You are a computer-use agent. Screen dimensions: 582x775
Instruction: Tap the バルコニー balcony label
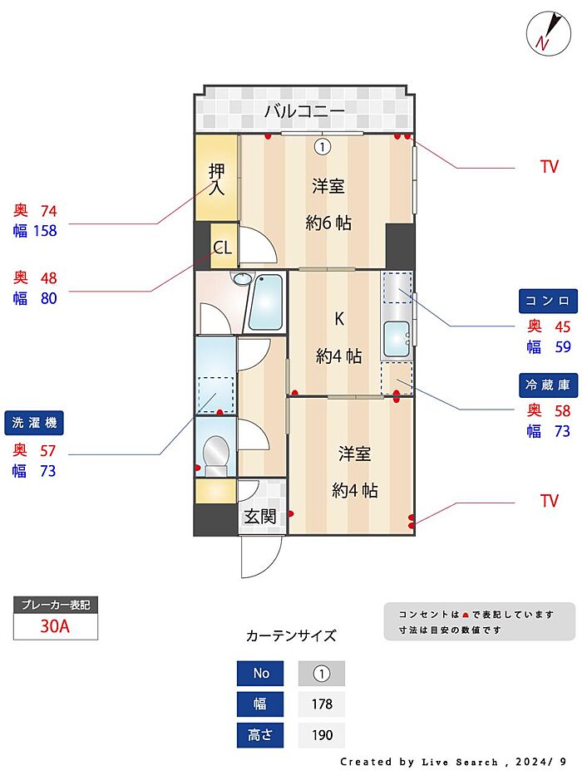pos(304,110)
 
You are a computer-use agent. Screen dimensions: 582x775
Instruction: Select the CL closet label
pos(222,248)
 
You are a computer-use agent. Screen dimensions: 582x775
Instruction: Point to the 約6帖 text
pos(328,223)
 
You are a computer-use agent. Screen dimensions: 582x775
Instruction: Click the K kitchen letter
pos(338,318)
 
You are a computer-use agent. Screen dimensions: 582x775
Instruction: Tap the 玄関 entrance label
pos(259,517)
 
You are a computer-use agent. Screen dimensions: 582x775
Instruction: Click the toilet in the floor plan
pos(216,453)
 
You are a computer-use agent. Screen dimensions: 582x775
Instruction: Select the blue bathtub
pos(267,302)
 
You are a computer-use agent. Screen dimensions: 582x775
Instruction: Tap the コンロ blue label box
pos(547,300)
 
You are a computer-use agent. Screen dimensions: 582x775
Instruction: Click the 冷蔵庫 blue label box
pos(547,385)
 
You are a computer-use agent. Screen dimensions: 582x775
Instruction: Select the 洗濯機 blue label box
pos(34,424)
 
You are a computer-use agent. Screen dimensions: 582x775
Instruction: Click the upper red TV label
pos(549,167)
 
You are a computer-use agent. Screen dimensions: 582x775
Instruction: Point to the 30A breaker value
pos(55,627)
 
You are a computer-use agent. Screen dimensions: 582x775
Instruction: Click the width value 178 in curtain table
pos(321,704)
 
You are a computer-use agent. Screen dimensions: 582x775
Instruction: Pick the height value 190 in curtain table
pos(321,735)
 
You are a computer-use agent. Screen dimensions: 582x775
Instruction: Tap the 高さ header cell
pos(260,735)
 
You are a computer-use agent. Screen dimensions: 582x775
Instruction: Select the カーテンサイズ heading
pos(291,636)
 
